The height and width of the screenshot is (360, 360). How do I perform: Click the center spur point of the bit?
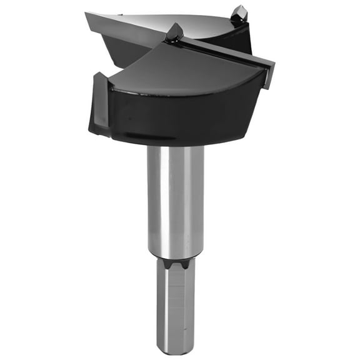coord(174,31)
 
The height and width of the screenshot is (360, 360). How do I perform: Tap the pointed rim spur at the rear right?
coord(239,13)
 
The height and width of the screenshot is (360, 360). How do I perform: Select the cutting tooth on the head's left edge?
coord(99,103)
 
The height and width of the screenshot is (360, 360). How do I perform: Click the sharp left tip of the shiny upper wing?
coord(88,13)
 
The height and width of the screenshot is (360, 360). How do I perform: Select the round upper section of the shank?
coord(176,200)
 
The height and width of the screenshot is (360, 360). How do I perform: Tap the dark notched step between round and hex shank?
coord(176,262)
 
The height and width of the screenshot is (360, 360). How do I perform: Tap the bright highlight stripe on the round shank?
coord(164,200)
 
